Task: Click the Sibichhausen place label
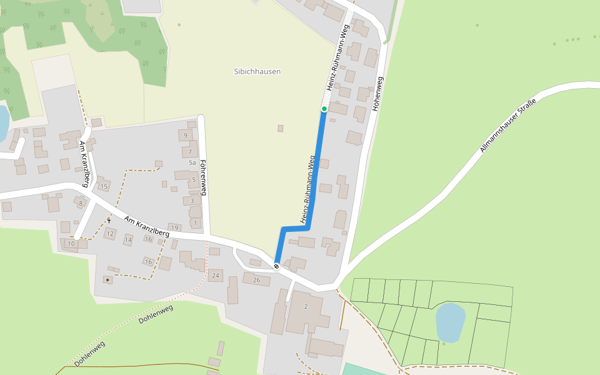[x=257, y=71]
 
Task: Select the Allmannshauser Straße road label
[x=507, y=126]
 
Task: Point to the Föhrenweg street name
[x=202, y=178]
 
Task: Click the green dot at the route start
[x=324, y=109]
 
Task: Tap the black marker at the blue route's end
[x=276, y=266]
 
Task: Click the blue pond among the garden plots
[x=450, y=321]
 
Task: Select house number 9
[x=185, y=135]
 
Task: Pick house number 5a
[x=192, y=162]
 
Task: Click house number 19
[x=174, y=227]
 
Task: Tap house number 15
[x=104, y=186]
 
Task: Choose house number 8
[x=81, y=203]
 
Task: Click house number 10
[x=71, y=243]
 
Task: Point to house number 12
[x=110, y=234]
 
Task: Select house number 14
[x=128, y=239]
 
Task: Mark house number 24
[x=216, y=275]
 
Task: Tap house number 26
[x=256, y=280]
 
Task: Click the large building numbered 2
[x=306, y=306]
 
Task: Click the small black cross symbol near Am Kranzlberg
[x=109, y=220]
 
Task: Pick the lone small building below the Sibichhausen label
[x=281, y=129]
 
